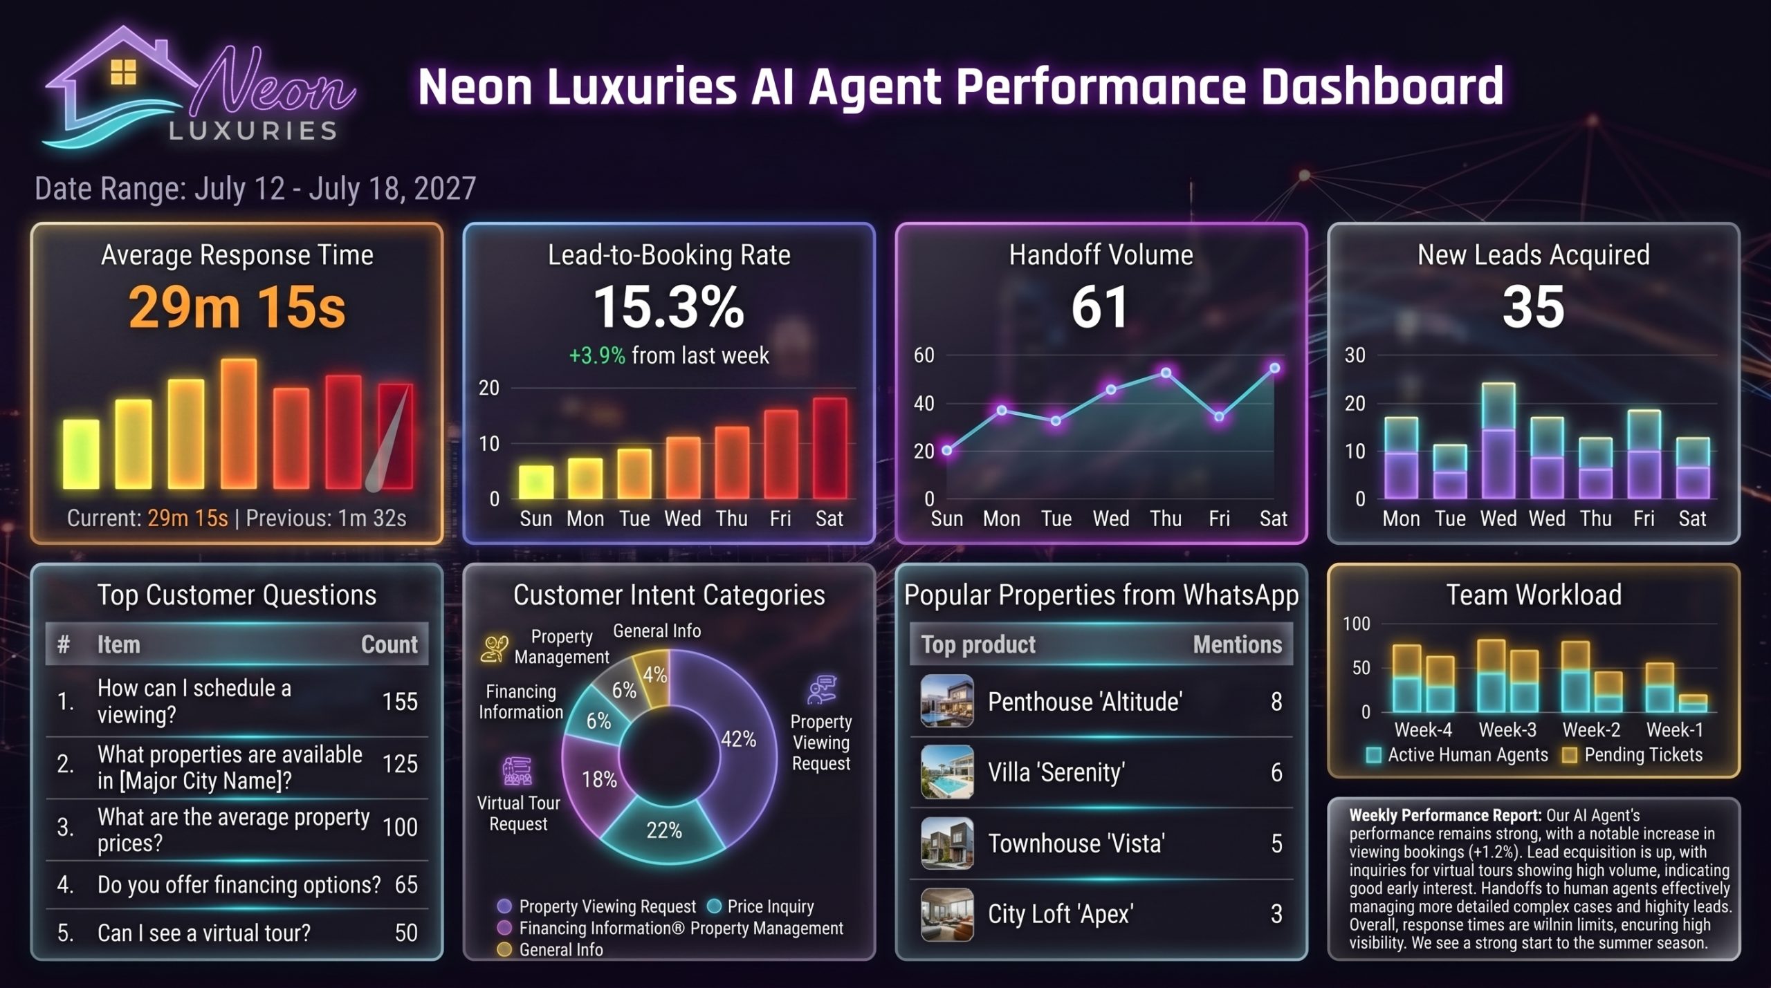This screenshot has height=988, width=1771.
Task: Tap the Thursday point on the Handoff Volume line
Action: [x=1166, y=373]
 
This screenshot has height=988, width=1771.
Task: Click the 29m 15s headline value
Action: [x=237, y=308]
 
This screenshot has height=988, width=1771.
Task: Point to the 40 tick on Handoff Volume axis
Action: [x=924, y=403]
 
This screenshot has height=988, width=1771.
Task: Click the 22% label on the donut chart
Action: [x=663, y=830]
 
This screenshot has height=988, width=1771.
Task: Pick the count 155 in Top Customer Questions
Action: [x=400, y=702]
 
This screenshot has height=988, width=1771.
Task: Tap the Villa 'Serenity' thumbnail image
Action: [x=947, y=772]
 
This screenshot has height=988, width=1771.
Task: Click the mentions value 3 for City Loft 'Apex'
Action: [x=1276, y=914]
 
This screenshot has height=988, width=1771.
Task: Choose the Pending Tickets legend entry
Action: [x=1633, y=755]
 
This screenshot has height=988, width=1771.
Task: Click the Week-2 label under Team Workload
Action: [x=1591, y=729]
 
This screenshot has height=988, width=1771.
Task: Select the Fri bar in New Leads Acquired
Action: [x=1644, y=455]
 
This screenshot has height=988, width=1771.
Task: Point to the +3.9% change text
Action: [x=596, y=355]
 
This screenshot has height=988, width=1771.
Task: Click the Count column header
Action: [x=389, y=644]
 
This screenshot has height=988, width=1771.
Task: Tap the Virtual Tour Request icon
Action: [x=517, y=771]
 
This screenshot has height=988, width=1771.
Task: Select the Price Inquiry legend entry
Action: [x=761, y=906]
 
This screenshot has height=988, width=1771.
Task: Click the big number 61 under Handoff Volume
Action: [x=1100, y=308]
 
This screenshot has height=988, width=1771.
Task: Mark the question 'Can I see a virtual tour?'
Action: [x=204, y=933]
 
